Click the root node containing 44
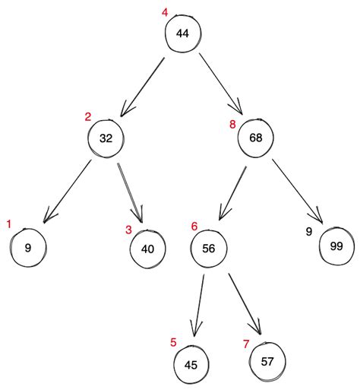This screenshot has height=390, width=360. click(x=182, y=34)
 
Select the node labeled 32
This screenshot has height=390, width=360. click(x=106, y=139)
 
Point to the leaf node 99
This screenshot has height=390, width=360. click(x=336, y=246)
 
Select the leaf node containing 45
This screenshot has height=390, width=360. click(x=191, y=364)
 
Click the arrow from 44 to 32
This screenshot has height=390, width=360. click(x=143, y=84)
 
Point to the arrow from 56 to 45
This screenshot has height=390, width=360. click(x=199, y=305)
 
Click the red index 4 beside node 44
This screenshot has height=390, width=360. click(x=165, y=13)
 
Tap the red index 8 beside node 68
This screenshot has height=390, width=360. click(x=232, y=123)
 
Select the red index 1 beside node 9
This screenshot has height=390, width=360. click(x=9, y=224)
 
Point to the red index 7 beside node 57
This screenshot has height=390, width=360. click(x=245, y=344)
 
